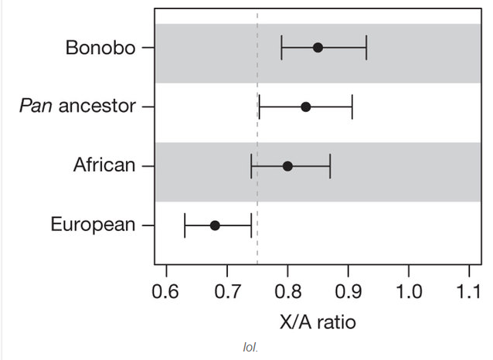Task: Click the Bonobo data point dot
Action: coord(318,47)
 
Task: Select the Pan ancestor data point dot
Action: coord(305,107)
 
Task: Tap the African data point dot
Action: coord(287,166)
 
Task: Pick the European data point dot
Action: coord(215,226)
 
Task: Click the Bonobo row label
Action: coord(100,48)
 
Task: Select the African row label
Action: coord(104,166)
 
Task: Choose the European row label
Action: coord(93,226)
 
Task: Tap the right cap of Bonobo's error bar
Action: coord(366,47)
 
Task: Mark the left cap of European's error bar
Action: coord(185,226)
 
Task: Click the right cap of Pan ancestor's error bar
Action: coord(352,107)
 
